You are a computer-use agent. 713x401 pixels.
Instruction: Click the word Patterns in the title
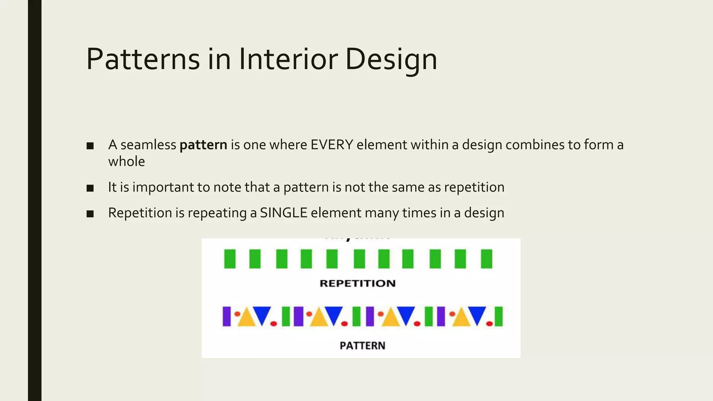pyautogui.click(x=143, y=59)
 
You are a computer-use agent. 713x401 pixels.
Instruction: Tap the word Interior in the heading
pyautogui.click(x=288, y=59)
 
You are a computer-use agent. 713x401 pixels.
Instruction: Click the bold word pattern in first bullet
pyautogui.click(x=203, y=145)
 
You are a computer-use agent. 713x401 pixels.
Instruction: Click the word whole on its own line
pyautogui.click(x=126, y=162)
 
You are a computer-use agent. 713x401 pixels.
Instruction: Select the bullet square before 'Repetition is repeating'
pyautogui.click(x=90, y=214)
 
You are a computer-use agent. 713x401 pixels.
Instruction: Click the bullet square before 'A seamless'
pyautogui.click(x=90, y=146)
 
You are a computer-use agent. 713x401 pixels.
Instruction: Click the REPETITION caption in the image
pyautogui.click(x=358, y=283)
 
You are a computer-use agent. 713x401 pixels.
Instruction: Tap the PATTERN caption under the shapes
pyautogui.click(x=362, y=346)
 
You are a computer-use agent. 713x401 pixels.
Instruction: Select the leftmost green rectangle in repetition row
pyautogui.click(x=230, y=259)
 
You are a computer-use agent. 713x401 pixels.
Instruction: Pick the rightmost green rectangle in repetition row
pyautogui.click(x=486, y=259)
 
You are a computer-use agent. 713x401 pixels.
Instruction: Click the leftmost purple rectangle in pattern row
pyautogui.click(x=227, y=316)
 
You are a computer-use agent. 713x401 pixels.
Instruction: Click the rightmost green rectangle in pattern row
pyautogui.click(x=499, y=316)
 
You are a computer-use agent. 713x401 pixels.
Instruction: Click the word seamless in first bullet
pyautogui.click(x=148, y=145)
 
